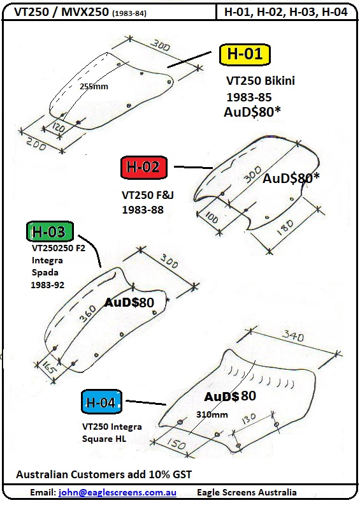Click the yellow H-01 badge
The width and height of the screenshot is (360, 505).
(x=245, y=54)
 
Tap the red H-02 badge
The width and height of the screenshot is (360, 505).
(x=144, y=167)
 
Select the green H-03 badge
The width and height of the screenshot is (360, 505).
(x=50, y=231)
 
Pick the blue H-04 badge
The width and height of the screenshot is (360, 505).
(x=101, y=402)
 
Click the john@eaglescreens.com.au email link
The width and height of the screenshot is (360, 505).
(x=117, y=492)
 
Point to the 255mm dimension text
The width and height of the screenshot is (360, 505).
(x=94, y=86)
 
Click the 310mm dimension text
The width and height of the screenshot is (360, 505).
(x=212, y=414)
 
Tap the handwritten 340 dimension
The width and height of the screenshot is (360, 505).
(x=292, y=336)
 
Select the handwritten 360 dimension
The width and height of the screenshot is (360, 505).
(x=88, y=313)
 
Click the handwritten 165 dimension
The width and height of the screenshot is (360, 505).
(x=47, y=367)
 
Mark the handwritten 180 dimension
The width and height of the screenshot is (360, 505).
(x=285, y=228)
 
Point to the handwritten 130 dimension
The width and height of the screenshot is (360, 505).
(x=248, y=419)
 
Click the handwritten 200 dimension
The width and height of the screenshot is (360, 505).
(x=36, y=143)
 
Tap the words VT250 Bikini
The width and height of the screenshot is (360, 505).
(x=261, y=80)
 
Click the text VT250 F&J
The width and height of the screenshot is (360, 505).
(x=148, y=195)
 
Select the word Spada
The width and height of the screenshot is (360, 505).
(x=45, y=272)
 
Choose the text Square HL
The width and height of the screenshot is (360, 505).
(x=104, y=439)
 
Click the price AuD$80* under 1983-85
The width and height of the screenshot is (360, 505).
(x=252, y=112)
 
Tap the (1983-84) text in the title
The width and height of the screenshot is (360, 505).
(x=129, y=13)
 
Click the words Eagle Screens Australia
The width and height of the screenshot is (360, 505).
(x=247, y=492)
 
